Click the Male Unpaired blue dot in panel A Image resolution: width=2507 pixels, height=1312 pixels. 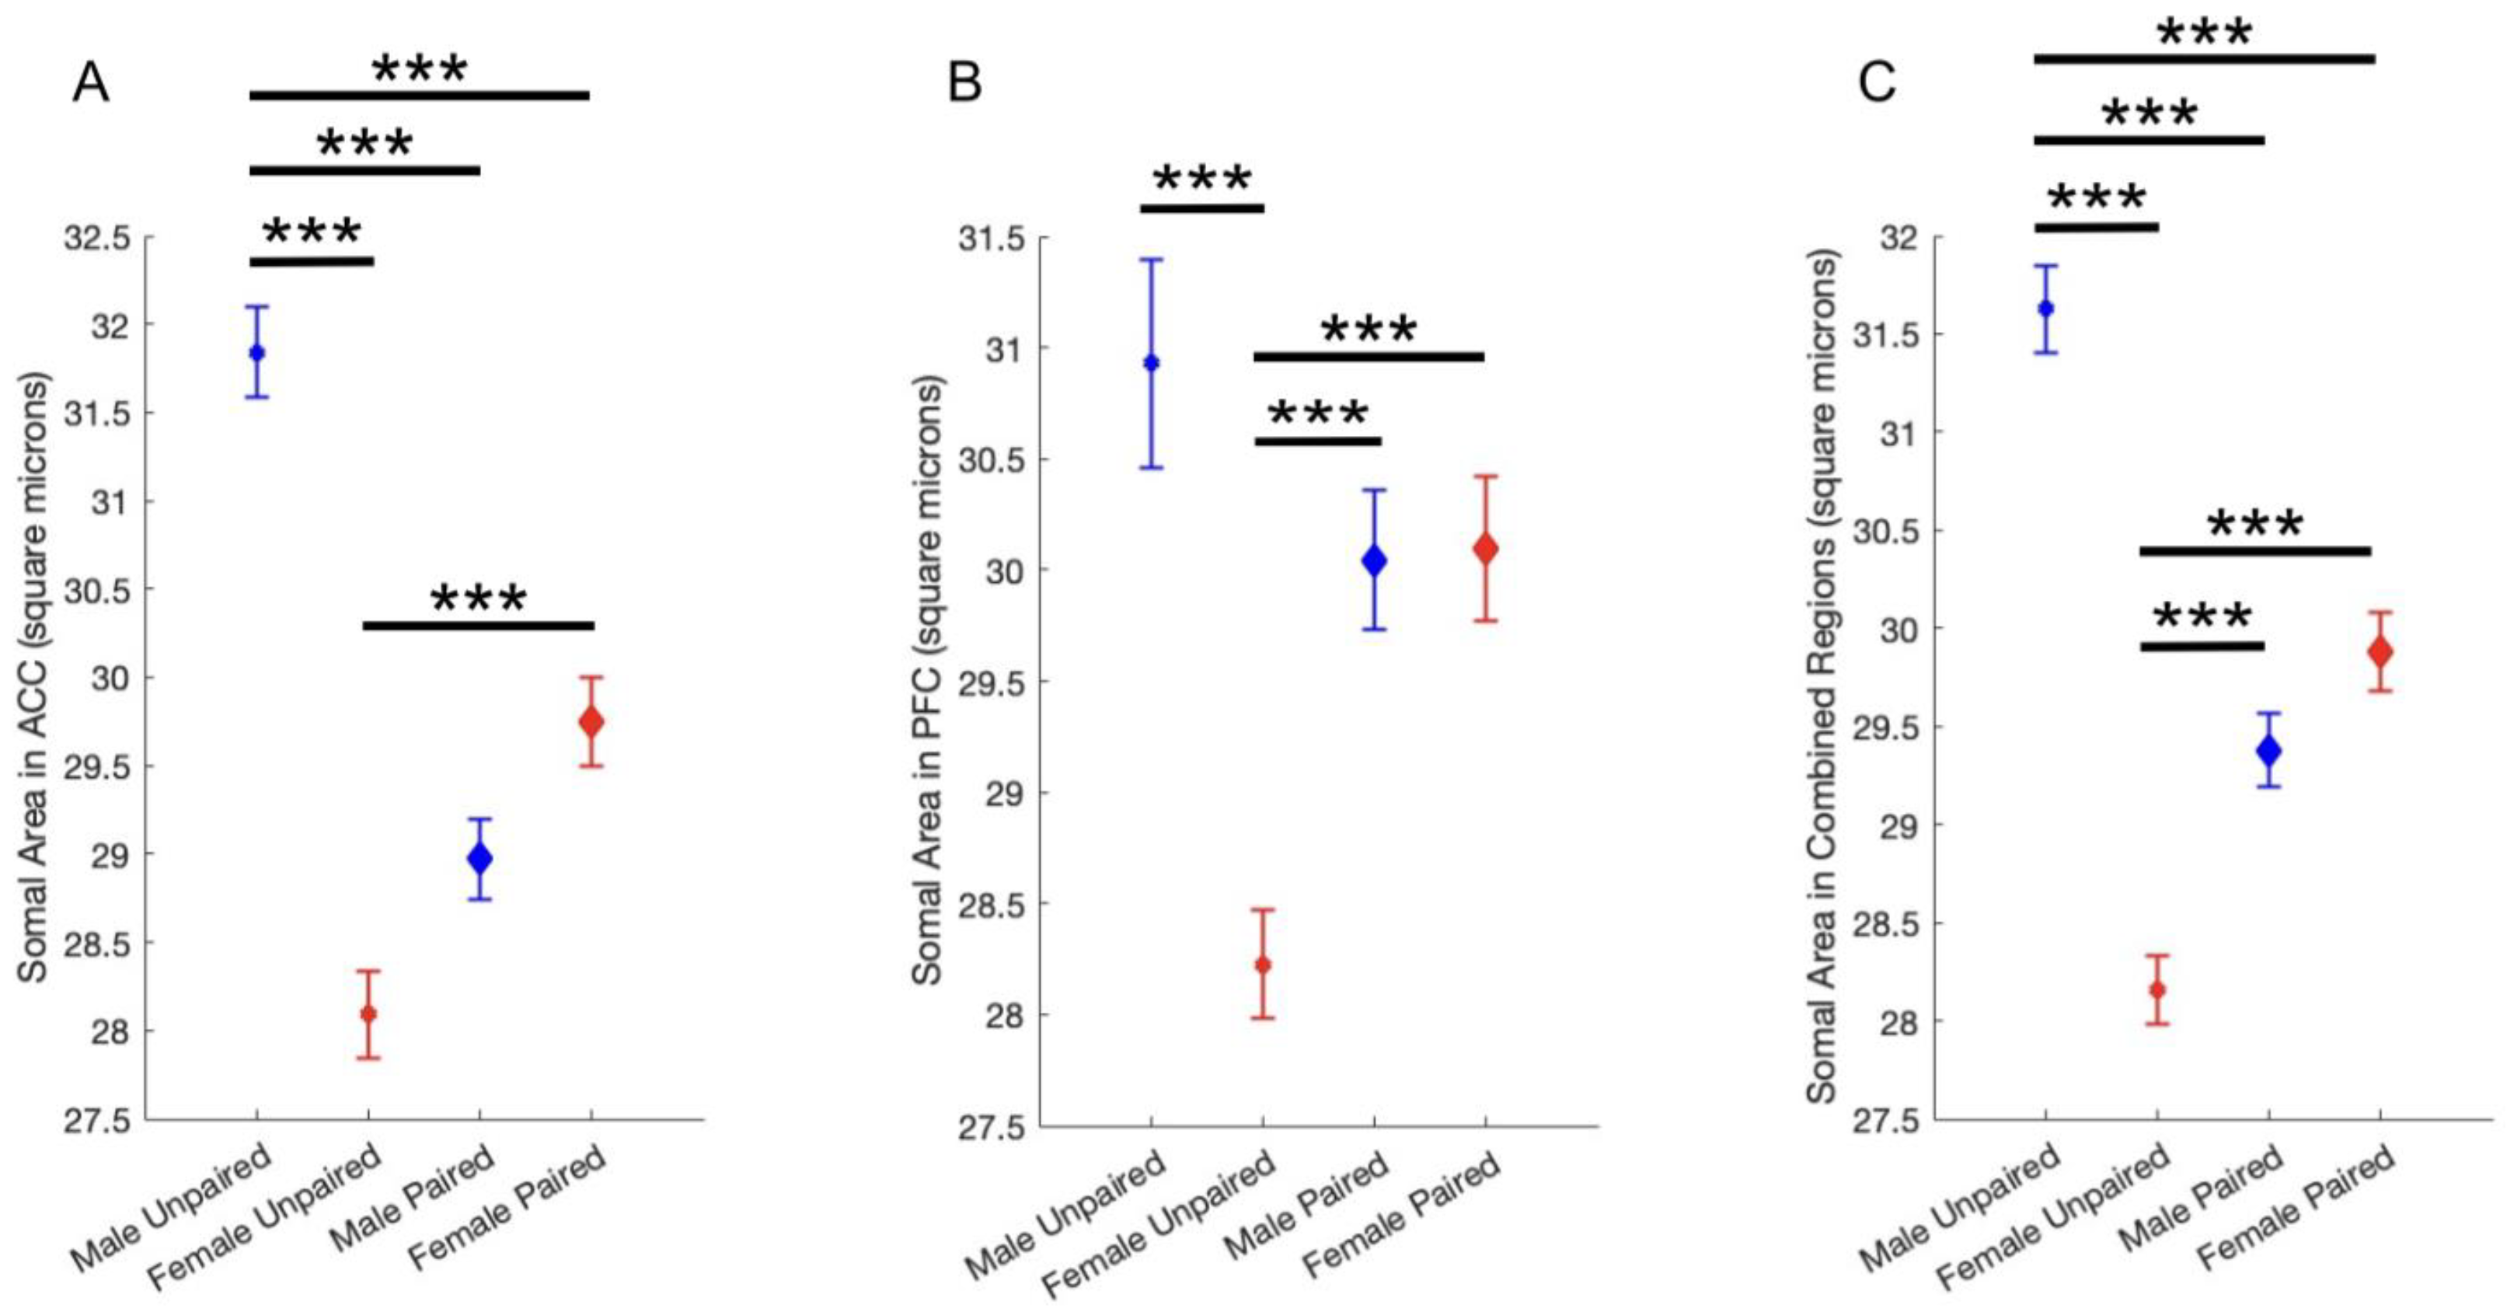(257, 352)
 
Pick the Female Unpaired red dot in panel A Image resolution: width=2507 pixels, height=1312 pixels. (368, 1014)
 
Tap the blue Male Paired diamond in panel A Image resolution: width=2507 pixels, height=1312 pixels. (479, 858)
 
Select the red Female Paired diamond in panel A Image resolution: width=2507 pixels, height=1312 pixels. (591, 721)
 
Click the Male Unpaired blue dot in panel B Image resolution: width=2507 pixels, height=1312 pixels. (1152, 363)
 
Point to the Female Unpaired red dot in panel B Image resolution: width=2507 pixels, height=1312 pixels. (1264, 965)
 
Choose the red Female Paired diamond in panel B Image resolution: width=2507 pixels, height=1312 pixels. (1485, 549)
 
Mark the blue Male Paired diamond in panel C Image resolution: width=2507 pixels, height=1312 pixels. (2269, 750)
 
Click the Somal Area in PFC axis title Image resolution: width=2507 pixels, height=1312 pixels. (927, 682)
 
